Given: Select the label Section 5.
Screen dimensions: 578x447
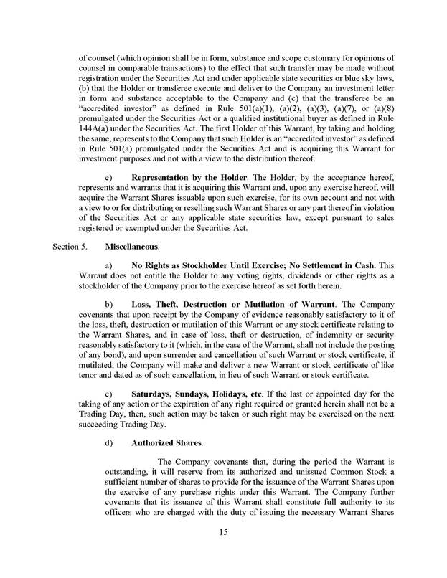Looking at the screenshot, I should click(x=70, y=246).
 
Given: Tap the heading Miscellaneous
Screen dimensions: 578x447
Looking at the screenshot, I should click(x=132, y=246).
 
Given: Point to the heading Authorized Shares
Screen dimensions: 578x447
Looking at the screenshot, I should click(x=166, y=442).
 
